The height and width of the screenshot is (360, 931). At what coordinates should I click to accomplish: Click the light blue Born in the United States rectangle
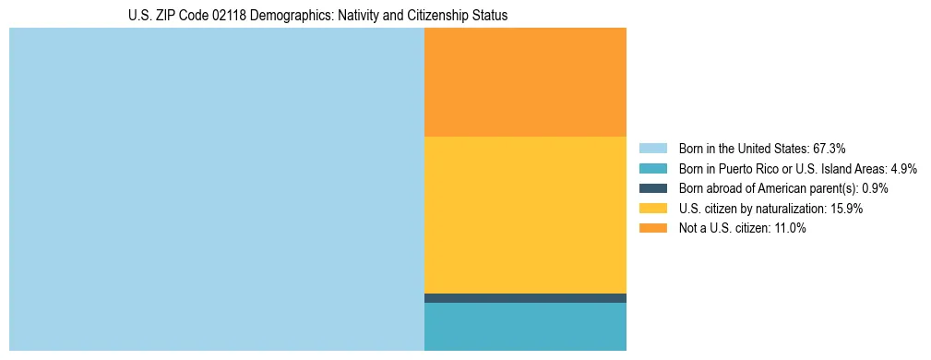pos(216,189)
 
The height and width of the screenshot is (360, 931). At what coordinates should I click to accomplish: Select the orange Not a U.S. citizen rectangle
pos(525,82)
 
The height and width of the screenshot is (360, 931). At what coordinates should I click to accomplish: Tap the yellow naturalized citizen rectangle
pos(525,214)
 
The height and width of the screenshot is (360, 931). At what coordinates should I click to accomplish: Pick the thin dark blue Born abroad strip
pos(525,298)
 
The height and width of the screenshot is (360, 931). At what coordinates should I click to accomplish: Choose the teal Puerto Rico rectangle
pos(525,327)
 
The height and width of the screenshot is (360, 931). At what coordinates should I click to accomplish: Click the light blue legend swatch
pos(652,149)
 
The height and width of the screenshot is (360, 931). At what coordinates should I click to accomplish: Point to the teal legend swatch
pos(652,169)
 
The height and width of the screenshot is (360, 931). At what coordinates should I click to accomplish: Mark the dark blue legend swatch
pos(652,188)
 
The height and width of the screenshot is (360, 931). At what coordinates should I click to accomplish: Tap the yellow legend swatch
pos(652,209)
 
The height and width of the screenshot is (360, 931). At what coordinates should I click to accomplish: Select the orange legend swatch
pos(652,229)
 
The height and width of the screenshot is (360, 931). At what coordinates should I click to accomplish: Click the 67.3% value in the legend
pos(829,149)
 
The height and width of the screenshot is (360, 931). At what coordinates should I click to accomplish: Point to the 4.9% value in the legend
pos(902,169)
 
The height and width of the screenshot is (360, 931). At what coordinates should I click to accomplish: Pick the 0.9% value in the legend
pos(875,188)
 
